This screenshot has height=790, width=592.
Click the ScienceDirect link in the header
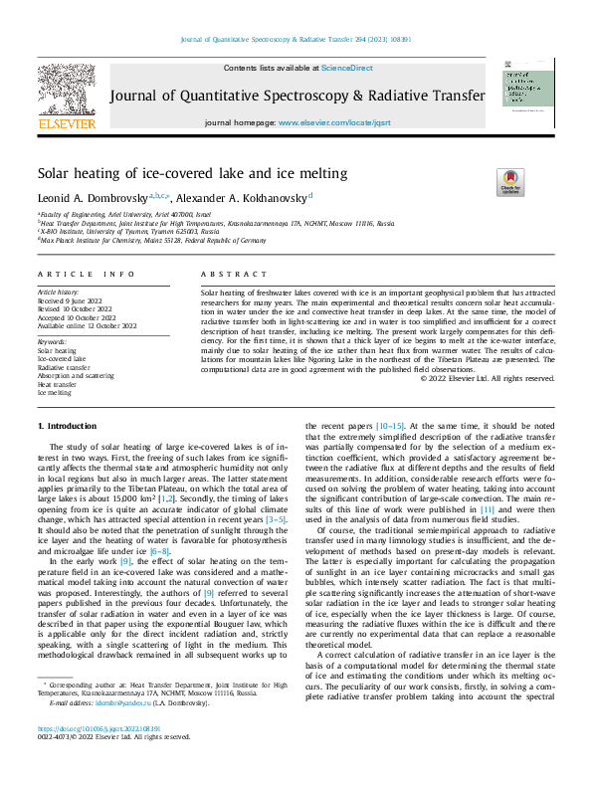(x=346, y=68)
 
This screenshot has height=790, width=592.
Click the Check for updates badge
(x=509, y=182)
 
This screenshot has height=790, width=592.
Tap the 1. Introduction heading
(x=69, y=425)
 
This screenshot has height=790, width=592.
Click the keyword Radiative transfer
(x=64, y=367)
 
